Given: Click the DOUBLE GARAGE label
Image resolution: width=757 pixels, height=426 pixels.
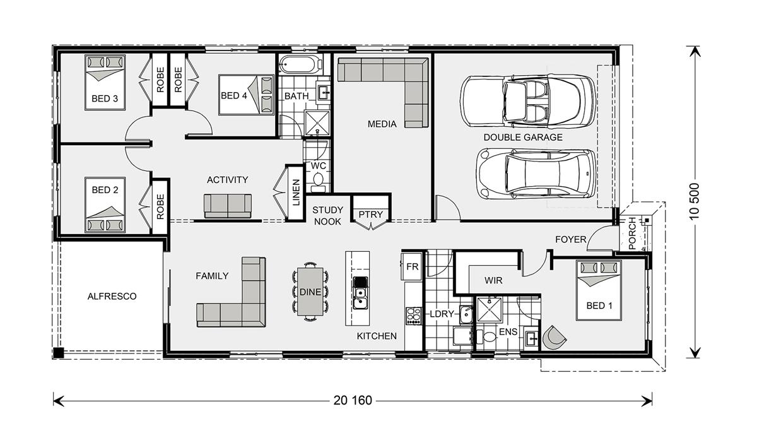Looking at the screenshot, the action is (523, 138).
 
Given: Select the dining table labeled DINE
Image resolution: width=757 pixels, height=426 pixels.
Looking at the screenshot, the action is (310, 292).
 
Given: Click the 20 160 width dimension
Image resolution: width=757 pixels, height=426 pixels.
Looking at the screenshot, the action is (353, 401).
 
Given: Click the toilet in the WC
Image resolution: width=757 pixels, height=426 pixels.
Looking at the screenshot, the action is (318, 181).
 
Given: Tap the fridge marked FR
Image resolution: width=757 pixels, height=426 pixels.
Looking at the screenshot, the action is (411, 266).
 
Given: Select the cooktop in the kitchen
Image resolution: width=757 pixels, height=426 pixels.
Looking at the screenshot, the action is (414, 316).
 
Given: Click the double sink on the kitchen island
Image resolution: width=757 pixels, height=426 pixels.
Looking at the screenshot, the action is (361, 298).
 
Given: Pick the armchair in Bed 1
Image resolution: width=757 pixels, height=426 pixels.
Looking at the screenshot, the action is (554, 338).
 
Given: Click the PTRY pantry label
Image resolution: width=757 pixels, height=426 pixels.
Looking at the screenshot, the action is (371, 215).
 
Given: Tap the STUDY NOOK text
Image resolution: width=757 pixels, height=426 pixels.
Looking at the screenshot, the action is (327, 216).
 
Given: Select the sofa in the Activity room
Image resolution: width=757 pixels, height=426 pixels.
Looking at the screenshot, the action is (228, 206).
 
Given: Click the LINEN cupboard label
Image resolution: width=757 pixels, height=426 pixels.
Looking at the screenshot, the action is (296, 192).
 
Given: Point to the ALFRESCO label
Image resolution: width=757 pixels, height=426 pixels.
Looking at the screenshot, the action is (112, 296).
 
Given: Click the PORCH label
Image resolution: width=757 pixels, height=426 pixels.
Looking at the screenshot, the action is (632, 234).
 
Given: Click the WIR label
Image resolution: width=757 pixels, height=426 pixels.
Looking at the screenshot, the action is (493, 280).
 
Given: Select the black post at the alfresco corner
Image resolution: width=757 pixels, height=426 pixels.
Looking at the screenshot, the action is (59, 353).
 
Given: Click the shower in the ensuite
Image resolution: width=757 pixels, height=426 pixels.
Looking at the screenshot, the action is (489, 310).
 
